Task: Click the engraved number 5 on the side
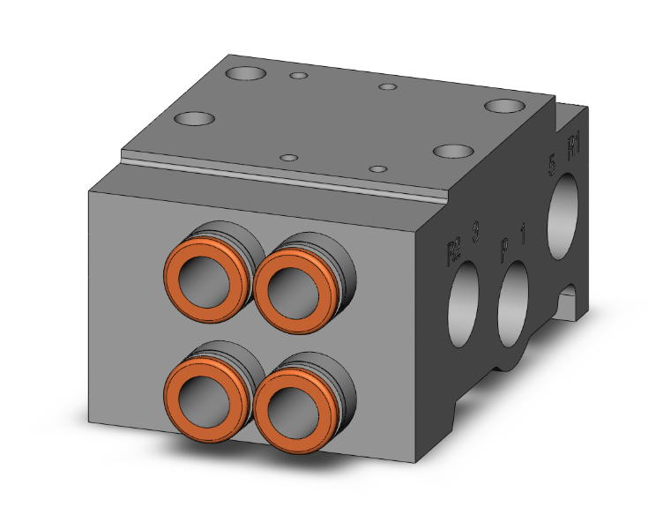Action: pos(552,165)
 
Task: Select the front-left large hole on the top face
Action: pos(195,119)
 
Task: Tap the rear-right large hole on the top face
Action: pos(503,107)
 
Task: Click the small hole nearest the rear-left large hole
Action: pos(300,77)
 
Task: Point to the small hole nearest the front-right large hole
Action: pos(377,168)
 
